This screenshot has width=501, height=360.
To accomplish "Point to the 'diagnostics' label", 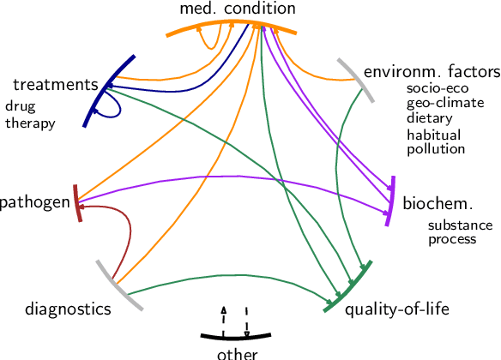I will pyautogui.click(x=68, y=309).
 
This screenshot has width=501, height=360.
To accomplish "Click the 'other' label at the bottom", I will pyautogui.click(x=237, y=352).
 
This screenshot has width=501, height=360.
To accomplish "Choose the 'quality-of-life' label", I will pyautogui.click(x=396, y=309).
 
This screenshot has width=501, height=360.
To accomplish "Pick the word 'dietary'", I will pyautogui.click(x=429, y=118).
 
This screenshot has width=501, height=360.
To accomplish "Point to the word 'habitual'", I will pyautogui.click(x=433, y=135).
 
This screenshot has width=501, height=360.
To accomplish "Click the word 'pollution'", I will pyautogui.click(x=436, y=148).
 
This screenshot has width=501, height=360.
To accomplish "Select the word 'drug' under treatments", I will pyautogui.click(x=18, y=107).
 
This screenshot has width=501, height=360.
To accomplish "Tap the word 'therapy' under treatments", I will pyautogui.click(x=29, y=123).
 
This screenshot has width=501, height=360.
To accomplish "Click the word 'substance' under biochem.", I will pyautogui.click(x=460, y=225).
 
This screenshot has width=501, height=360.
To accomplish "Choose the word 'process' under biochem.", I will pyautogui.click(x=452, y=239).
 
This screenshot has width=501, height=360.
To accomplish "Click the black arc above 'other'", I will pyautogui.click(x=236, y=334).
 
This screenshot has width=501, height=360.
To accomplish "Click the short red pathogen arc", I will pyautogui.click(x=77, y=203).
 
